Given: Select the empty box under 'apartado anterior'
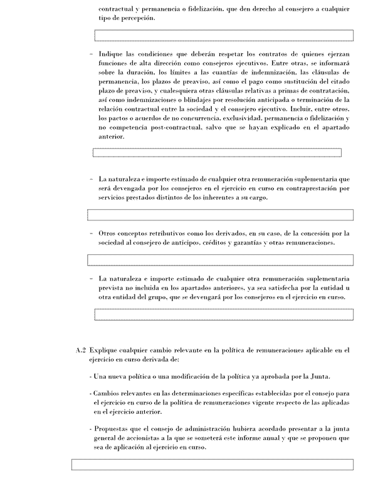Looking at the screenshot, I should pos(217,153).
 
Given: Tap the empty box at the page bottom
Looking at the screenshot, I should pos(212,465).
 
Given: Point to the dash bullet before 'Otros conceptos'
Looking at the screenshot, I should pos(92,234).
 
